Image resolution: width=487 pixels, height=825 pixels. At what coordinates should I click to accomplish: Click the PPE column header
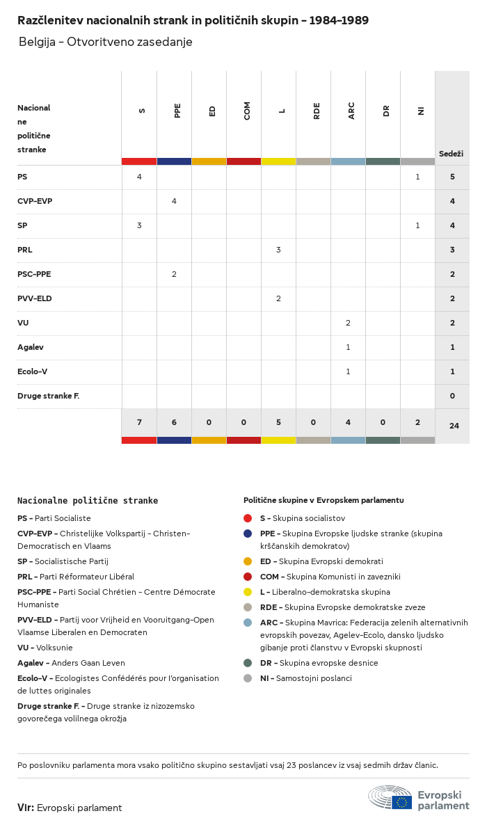[177, 111]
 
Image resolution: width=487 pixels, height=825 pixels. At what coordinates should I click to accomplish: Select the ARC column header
[351, 111]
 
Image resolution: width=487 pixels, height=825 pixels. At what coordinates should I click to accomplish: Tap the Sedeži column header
[451, 154]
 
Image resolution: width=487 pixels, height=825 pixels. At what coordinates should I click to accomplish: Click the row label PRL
[25, 250]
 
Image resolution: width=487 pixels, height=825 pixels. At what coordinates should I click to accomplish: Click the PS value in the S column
[139, 177]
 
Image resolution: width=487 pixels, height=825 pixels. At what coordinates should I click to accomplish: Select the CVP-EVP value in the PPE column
[174, 201]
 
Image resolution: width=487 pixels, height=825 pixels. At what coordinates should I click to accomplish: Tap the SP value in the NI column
[417, 225]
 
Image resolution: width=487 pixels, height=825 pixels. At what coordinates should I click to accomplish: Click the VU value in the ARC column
[348, 323]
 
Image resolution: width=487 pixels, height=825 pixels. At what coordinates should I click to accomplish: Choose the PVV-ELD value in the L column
[278, 298]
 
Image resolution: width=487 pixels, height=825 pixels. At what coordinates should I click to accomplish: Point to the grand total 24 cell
[454, 425]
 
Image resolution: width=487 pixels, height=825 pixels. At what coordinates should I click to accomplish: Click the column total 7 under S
[139, 423]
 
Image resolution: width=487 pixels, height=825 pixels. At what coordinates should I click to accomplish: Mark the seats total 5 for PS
[452, 177]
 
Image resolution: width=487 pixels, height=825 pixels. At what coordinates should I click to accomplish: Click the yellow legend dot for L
[248, 592]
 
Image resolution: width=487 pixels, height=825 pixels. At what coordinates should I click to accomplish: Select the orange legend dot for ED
[248, 561]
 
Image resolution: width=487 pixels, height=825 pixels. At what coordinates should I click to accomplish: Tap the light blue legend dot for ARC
[248, 623]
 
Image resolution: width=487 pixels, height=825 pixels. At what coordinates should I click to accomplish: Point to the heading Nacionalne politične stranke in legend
[88, 500]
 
